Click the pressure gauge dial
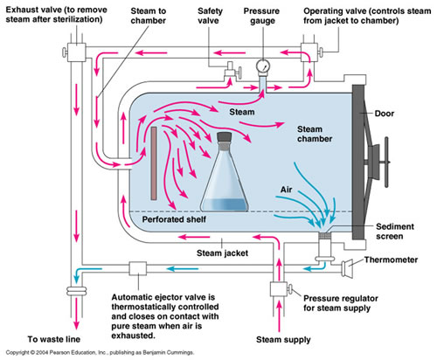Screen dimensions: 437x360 [263, 66]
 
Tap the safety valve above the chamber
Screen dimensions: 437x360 [232, 71]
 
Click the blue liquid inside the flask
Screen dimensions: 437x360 [224, 204]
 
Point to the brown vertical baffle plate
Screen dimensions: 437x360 [154, 163]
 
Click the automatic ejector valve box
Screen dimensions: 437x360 [138, 268]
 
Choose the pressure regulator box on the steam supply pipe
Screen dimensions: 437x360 [279, 289]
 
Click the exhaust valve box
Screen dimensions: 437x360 [77, 52]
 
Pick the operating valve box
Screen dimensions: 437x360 [309, 52]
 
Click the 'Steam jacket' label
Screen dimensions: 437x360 [222, 253]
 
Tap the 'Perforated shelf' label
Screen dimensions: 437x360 [174, 219]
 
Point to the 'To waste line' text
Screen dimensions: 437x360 [54, 339]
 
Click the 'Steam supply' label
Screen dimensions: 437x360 [283, 340]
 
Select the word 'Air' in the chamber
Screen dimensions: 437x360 [286, 190]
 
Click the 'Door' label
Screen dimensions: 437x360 [385, 114]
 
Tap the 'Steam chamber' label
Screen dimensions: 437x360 [315, 134]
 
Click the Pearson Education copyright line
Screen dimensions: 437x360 [100, 353]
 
